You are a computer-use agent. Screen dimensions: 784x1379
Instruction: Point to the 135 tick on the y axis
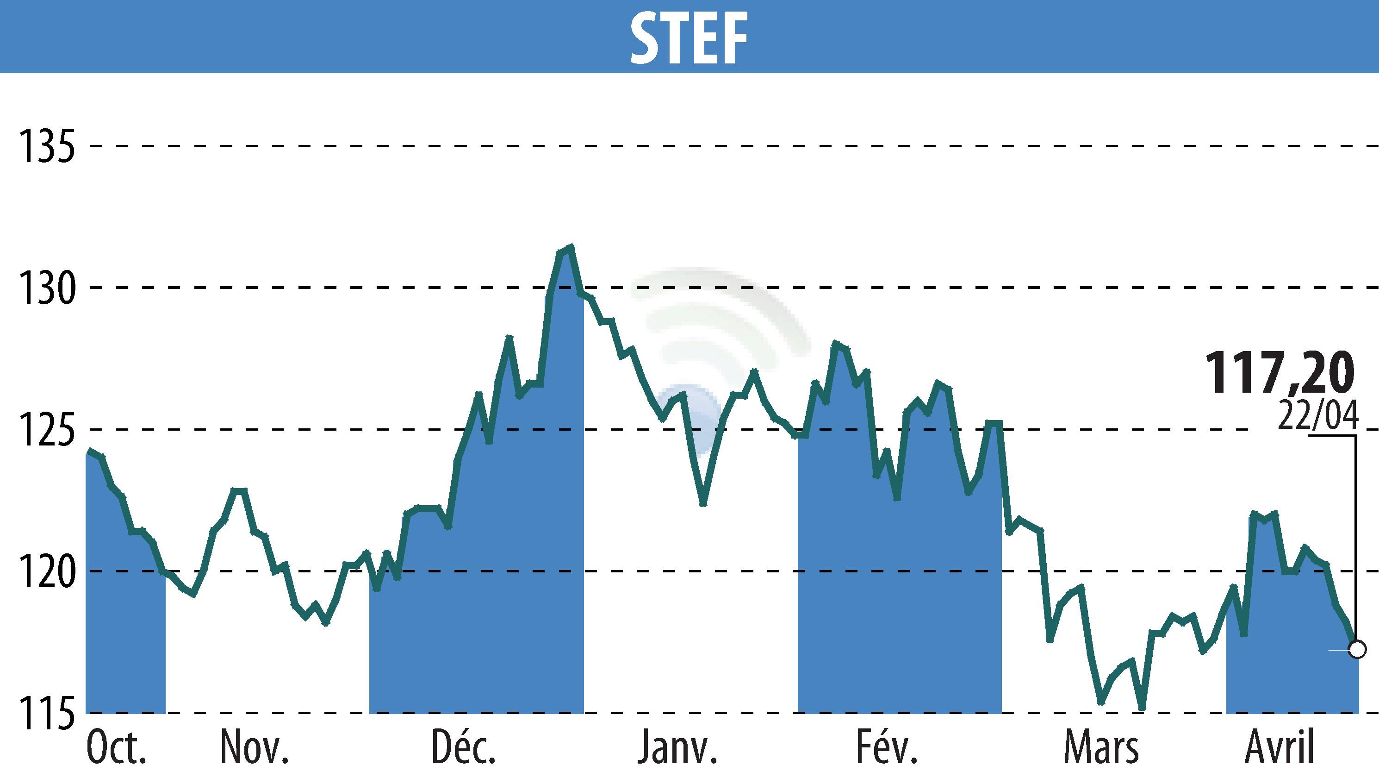pos(46,146)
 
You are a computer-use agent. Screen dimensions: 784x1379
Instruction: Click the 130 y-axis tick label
pos(46,288)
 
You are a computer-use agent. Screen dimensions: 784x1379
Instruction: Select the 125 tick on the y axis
pos(46,430)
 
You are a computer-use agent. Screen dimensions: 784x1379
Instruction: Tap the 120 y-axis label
pos(46,571)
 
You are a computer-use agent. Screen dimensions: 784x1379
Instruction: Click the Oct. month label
pos(116,748)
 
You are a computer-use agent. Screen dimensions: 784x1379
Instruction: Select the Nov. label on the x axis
pos(255,748)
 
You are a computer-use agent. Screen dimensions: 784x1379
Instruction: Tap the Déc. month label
pos(463,748)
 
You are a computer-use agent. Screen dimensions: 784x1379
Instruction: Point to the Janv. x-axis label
pos(677,748)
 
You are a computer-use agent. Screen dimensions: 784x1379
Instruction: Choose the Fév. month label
pos(886,748)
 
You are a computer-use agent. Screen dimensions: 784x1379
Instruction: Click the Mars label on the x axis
pos(1101,748)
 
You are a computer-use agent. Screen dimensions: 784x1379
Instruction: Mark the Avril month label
pos(1280,748)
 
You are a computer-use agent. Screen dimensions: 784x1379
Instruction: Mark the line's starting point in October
pos(90,451)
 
